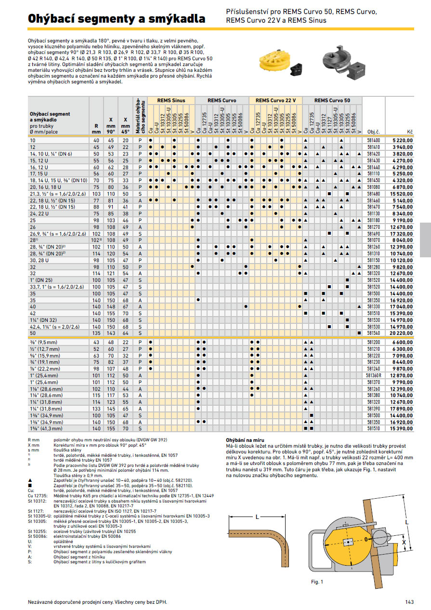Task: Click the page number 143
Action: coord(409,601)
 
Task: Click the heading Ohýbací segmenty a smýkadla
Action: coord(117,19)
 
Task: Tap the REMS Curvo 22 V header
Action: coord(275,100)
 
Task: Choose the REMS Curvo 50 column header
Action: coord(332,100)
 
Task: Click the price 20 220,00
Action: coord(401,332)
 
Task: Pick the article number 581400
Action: coord(373,140)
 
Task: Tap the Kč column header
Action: coord(410,131)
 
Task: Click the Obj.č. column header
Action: coord(374,131)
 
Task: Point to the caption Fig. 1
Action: coord(317,582)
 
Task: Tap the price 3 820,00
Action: coord(401,154)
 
